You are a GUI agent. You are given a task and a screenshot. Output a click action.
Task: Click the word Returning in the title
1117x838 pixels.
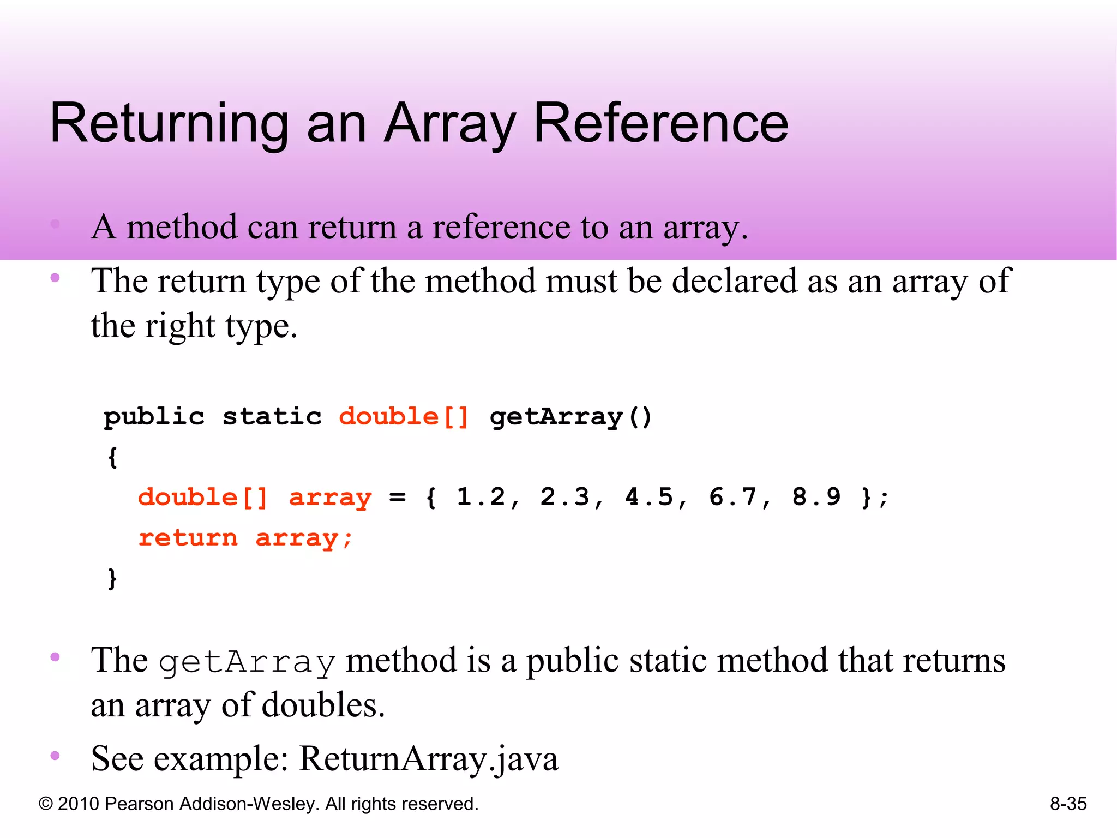169,124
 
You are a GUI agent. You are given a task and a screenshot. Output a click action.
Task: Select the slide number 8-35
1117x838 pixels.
1068,804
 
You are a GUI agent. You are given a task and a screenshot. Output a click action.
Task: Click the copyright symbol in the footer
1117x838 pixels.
46,804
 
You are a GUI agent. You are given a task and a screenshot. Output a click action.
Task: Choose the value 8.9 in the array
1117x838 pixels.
816,497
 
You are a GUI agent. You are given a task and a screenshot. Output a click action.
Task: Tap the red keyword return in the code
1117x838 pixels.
188,538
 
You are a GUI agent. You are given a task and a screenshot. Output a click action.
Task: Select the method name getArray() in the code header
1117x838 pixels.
570,417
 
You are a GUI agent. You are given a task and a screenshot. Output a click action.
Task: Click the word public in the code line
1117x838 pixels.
154,417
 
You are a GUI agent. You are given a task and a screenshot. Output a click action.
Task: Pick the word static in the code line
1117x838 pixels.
272,417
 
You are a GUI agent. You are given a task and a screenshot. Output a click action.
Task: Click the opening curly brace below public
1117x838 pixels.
112,457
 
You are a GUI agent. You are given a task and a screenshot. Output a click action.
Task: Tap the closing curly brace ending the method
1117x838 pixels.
112,578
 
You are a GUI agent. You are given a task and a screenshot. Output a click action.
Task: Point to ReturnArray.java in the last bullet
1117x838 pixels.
429,758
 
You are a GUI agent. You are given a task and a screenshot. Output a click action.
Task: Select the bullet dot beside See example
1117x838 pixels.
55,756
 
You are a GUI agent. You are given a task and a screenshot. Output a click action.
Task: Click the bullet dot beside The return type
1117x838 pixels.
55,278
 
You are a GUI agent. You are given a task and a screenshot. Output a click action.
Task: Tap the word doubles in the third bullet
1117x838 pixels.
323,705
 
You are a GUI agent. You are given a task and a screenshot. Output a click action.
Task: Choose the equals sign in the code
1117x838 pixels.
397,497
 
